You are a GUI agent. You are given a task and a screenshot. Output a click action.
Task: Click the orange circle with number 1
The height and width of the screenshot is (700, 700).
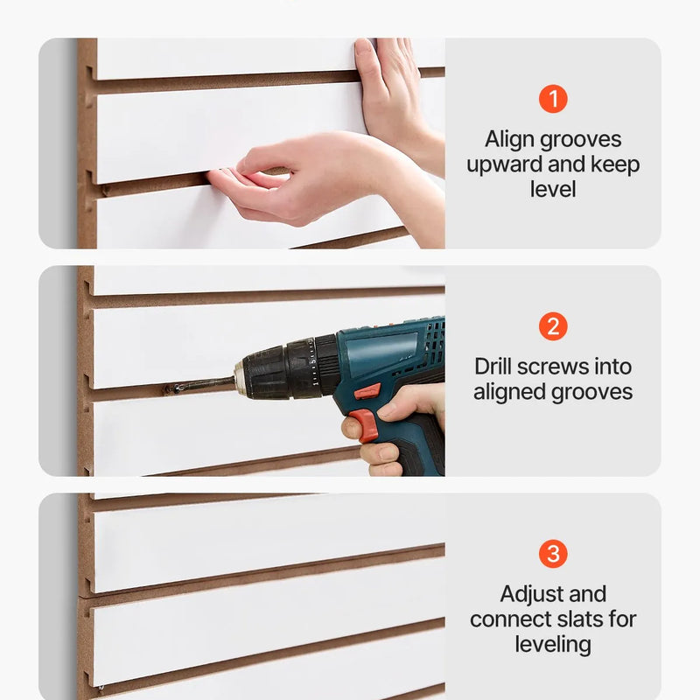[x=553, y=99]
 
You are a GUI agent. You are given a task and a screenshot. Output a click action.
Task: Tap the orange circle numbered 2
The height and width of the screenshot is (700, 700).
[x=553, y=326]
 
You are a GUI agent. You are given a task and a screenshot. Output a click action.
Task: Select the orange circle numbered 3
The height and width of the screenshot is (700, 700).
[x=553, y=554]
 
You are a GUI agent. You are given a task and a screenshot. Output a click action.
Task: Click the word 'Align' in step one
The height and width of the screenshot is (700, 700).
[x=509, y=139]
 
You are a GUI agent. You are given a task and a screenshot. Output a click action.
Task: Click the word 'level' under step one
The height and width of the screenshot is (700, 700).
[x=553, y=189]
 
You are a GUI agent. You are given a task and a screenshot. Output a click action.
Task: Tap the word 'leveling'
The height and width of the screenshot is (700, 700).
[x=553, y=645]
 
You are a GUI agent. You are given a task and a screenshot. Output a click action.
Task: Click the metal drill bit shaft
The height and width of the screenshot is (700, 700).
[x=202, y=385]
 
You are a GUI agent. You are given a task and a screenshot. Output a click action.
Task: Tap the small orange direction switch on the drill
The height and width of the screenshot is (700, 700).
[x=367, y=392]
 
